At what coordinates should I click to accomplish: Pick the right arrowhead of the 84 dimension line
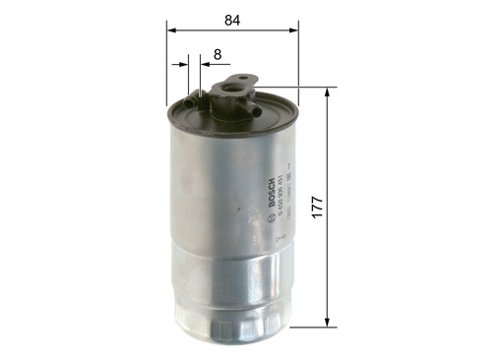tap(292, 30)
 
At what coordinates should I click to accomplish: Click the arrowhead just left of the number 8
tap(205, 65)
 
